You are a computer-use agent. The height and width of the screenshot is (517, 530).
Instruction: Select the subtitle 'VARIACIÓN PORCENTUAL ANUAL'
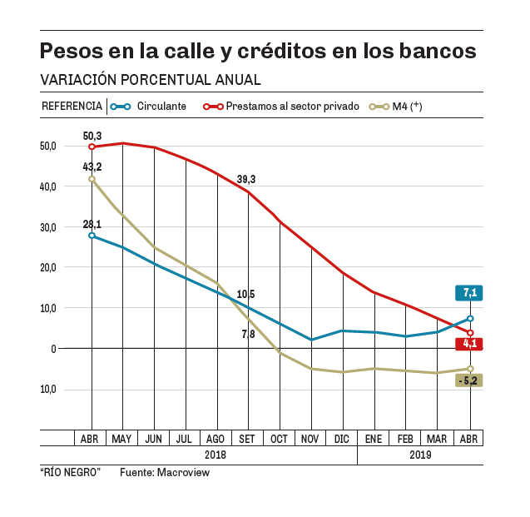151,80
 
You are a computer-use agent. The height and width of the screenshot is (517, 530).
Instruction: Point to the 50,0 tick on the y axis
47,147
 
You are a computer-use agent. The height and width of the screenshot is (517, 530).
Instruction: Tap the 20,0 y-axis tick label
47,268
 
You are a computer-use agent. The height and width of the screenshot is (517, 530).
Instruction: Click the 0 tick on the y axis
52,349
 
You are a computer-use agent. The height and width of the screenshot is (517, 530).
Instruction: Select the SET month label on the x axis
247,439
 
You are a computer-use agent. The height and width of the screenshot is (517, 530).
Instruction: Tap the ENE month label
374,439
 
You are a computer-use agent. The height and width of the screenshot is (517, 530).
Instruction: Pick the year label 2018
215,455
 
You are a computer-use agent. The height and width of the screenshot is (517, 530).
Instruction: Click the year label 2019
420,455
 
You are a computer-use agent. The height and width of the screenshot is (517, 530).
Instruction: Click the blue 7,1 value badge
469,293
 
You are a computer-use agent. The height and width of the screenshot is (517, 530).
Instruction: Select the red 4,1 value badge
469,343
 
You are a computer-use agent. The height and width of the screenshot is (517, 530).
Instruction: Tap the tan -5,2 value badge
469,380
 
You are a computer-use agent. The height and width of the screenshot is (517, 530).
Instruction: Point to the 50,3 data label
92,135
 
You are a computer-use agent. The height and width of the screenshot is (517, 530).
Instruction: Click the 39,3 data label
246,179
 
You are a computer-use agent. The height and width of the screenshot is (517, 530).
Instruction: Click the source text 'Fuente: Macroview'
165,472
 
